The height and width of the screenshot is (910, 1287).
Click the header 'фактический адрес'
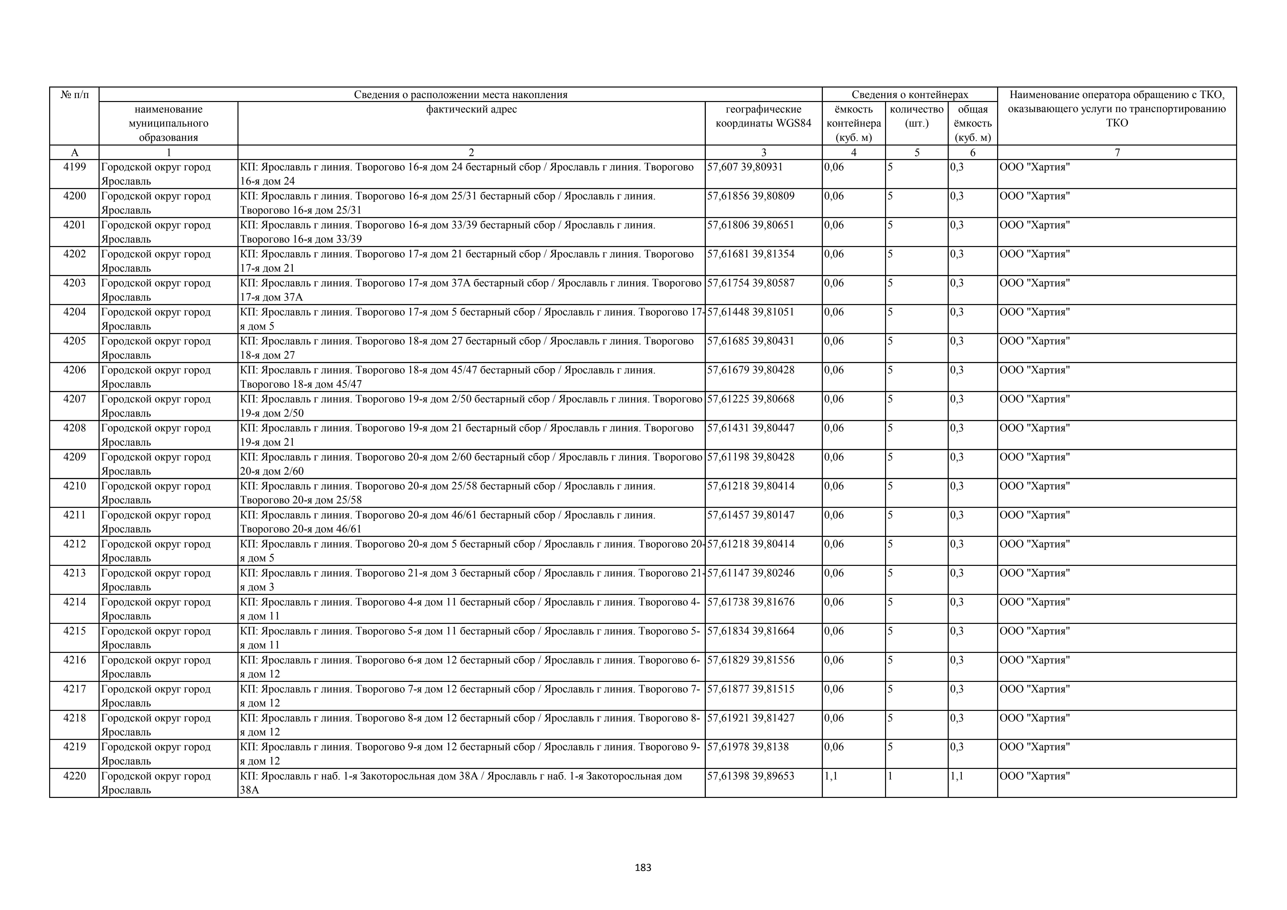(x=472, y=109)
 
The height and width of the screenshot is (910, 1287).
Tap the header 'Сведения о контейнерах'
(x=910, y=95)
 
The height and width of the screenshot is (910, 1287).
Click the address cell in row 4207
(x=471, y=406)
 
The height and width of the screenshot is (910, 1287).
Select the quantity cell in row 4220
(x=891, y=776)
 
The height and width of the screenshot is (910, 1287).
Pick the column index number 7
(x=1117, y=152)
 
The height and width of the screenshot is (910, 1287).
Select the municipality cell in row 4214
(x=156, y=609)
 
